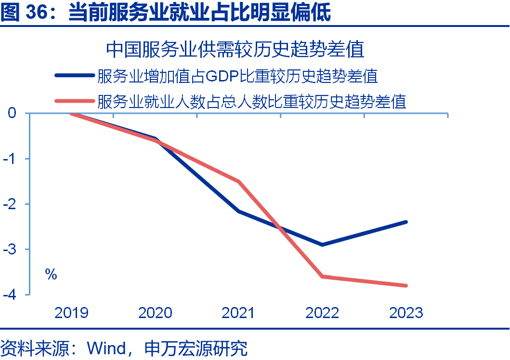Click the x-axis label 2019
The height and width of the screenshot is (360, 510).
pos(71,313)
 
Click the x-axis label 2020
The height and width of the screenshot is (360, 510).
pos(155,313)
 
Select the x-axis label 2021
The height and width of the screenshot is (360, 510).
pos(238,313)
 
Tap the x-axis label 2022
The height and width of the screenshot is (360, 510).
pos(322,313)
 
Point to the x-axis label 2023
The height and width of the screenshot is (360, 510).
pos(406,313)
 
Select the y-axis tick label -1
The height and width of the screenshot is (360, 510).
pos(11,159)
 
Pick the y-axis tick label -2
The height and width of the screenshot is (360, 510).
pos(11,204)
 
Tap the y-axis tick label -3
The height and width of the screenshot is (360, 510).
pos(11,249)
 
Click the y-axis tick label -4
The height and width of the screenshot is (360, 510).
pos(11,294)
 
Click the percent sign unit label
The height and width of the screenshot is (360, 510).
pos(51,275)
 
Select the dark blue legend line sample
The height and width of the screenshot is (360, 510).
pos(75,76)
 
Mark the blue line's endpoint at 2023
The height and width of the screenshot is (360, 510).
pos(406,222)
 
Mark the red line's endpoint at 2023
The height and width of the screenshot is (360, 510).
pos(406,285)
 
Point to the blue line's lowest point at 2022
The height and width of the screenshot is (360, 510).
pos(322,245)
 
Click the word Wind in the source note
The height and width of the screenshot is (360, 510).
pos(106,348)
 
